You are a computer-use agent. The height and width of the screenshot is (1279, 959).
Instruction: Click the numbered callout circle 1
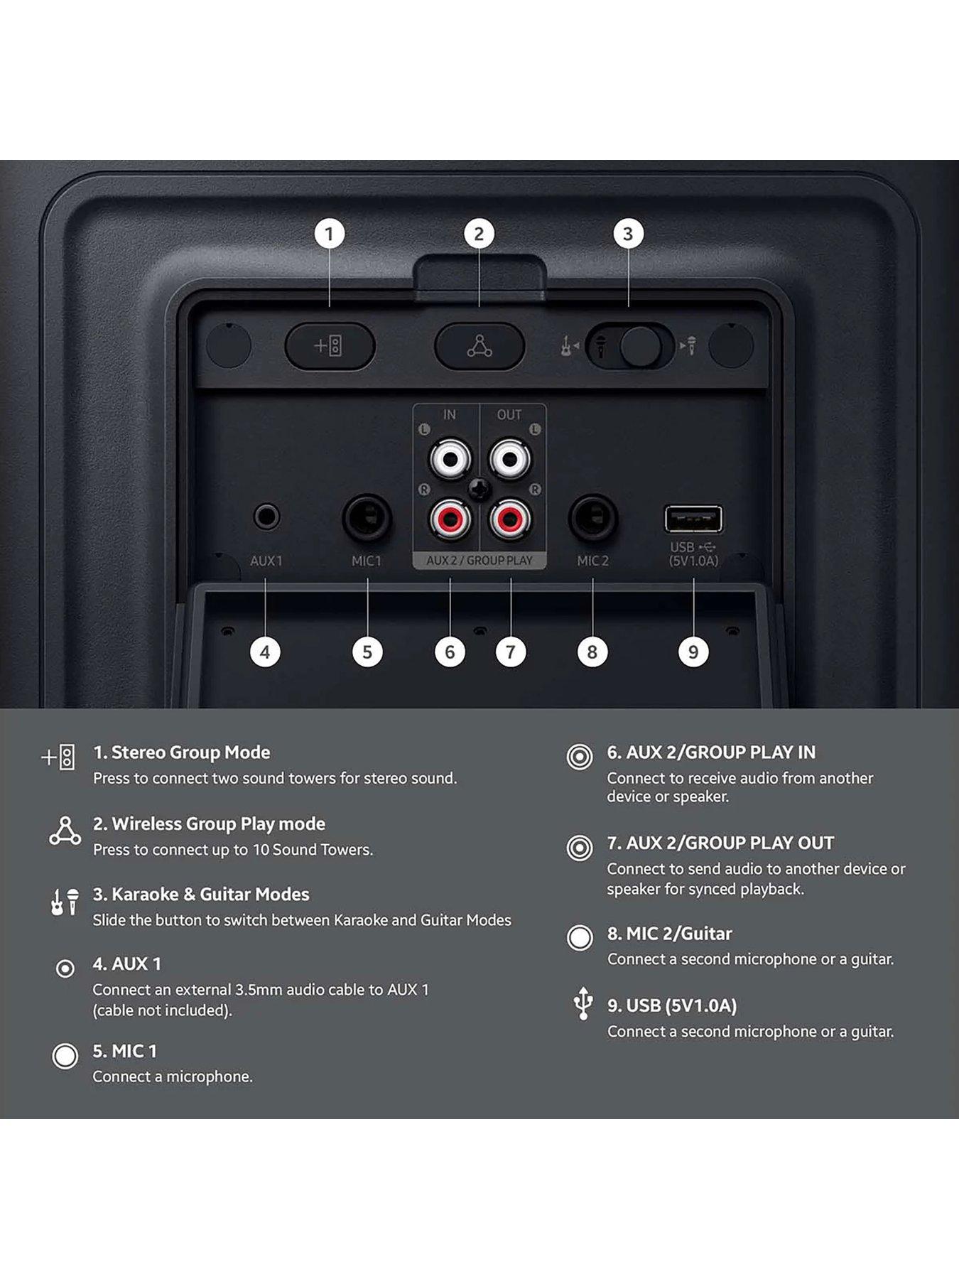point(329,234)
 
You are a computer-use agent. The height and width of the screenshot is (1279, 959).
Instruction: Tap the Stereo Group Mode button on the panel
point(330,346)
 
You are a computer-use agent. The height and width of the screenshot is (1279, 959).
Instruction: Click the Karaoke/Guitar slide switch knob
point(640,347)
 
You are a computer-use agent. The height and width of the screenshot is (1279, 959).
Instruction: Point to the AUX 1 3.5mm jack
point(266,517)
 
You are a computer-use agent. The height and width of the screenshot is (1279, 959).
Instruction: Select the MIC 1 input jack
point(367,518)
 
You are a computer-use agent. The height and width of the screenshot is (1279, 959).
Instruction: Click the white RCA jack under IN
point(450,458)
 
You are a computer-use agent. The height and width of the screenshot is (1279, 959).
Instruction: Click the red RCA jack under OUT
point(509,519)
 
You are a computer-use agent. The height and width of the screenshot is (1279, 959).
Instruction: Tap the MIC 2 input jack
point(592,518)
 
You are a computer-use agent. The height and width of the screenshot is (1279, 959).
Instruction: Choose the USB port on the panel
point(693,519)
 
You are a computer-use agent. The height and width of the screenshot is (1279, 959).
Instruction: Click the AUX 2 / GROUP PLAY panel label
point(479,561)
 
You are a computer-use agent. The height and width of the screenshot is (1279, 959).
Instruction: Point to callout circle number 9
point(693,652)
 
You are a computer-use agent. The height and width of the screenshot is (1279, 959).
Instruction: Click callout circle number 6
point(450,652)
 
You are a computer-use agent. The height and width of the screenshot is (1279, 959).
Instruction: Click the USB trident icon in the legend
point(583,1003)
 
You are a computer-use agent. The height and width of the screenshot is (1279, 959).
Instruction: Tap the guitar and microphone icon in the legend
point(65,902)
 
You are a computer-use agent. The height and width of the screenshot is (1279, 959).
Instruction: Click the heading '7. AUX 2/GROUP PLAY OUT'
point(720,843)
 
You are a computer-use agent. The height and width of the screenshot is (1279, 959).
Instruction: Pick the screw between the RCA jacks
point(480,489)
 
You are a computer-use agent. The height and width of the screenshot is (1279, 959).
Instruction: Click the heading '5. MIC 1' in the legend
point(124,1051)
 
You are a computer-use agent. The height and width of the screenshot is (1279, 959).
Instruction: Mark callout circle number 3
point(628,234)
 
